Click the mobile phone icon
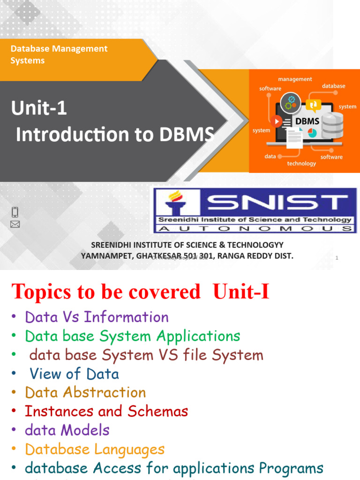[x=15, y=212]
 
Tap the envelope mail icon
[x=15, y=225]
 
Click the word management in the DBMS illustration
[x=295, y=79]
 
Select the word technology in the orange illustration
[x=301, y=164]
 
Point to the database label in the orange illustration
[x=333, y=86]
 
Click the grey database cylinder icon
[x=332, y=124]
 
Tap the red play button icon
[x=276, y=121]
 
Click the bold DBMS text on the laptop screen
[x=307, y=121]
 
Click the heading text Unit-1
[x=39, y=109]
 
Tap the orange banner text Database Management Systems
[x=59, y=54]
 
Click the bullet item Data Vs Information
[x=97, y=317]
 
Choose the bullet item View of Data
[x=74, y=374]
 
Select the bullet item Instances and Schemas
[x=106, y=411]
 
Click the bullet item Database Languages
[x=95, y=449]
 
